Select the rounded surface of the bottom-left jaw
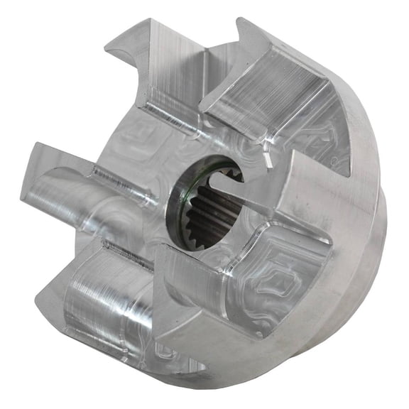click(x=107, y=298)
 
